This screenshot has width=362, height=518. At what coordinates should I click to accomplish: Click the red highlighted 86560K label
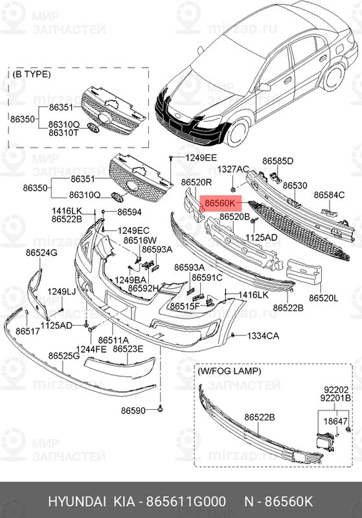click(x=220, y=203)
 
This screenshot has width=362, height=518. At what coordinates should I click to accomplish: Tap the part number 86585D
click(x=278, y=161)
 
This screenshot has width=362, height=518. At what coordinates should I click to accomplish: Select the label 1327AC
click(x=233, y=170)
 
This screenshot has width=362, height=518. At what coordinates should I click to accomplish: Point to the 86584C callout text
click(x=329, y=195)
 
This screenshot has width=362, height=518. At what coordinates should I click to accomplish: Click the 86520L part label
click(x=324, y=298)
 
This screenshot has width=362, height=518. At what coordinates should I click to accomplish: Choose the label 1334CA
click(x=263, y=336)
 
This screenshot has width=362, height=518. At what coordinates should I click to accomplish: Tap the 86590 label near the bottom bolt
click(x=133, y=411)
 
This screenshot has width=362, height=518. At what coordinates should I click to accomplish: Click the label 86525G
click(x=64, y=355)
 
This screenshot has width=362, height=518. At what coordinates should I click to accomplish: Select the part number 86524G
click(x=41, y=253)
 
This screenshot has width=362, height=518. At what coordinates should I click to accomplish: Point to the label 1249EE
click(x=201, y=157)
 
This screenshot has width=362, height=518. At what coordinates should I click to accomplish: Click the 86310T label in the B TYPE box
click(x=63, y=133)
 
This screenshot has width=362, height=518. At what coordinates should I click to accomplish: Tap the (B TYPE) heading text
click(x=32, y=74)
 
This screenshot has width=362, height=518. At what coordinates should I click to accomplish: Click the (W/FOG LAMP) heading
click(x=229, y=371)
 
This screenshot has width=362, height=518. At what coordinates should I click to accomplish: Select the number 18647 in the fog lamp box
click(x=335, y=422)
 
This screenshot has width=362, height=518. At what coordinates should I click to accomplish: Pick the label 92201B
click(x=335, y=398)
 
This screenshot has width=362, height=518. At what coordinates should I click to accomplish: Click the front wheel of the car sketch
click(x=238, y=133)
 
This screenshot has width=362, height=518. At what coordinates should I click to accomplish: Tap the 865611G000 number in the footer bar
click(x=186, y=501)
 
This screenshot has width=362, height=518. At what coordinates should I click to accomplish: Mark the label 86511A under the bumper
click(x=113, y=340)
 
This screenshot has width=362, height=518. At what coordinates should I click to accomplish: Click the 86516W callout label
click(x=140, y=240)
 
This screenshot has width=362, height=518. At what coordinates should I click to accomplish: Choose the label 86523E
click(x=128, y=349)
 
